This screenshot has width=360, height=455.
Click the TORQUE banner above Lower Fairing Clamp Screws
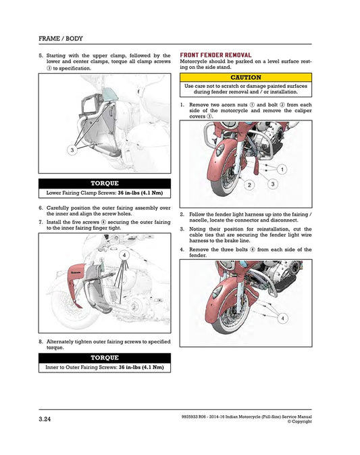[x=104, y=183]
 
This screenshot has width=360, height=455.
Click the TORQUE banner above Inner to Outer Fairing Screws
[x=104, y=357]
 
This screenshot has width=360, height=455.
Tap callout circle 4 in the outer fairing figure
[x=124, y=255]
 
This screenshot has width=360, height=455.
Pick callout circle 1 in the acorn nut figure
[x=281, y=168]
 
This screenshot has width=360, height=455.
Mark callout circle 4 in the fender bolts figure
[x=282, y=318]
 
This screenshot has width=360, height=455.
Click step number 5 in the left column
[x=41, y=55]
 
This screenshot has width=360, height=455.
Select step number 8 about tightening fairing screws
[x=41, y=342]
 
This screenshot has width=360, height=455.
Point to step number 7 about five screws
[x=41, y=221]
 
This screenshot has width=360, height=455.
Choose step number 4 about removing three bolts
[x=182, y=249]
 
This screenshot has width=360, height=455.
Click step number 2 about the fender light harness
[x=182, y=214]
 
